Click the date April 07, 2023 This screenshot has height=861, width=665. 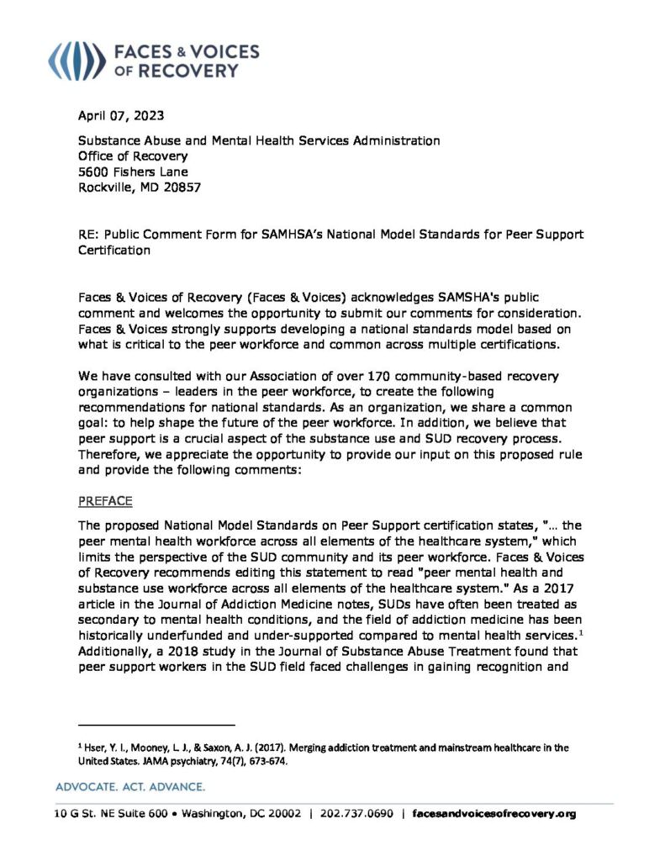coord(117,115)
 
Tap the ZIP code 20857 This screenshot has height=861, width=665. coord(181,188)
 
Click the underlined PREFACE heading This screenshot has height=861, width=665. coord(105,501)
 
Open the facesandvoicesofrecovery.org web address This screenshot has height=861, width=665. coord(495,814)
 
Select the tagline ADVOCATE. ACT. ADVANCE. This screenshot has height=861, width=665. coord(129,787)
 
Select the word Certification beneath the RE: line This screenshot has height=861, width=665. coord(114,250)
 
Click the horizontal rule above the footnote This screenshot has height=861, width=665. coord(156,724)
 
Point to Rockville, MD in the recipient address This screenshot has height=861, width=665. coord(119,188)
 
